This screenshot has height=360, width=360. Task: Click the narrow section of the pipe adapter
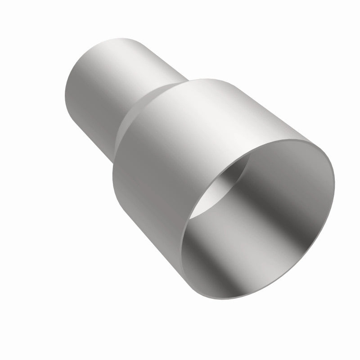112,81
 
